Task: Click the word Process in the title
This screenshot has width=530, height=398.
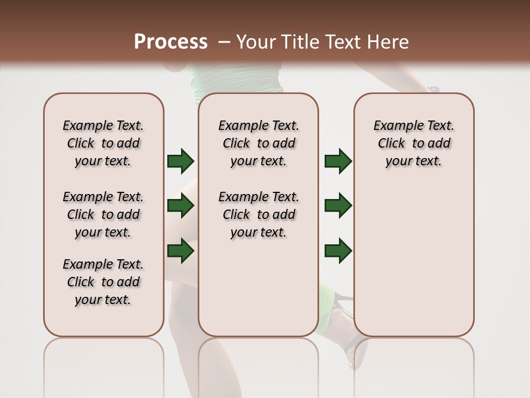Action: click(x=171, y=42)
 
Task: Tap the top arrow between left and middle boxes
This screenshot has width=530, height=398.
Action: click(x=181, y=161)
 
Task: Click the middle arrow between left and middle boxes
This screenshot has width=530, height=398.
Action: click(x=181, y=206)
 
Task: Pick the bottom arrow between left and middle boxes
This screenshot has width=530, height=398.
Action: click(x=181, y=250)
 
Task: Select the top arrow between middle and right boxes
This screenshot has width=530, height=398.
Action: click(x=338, y=161)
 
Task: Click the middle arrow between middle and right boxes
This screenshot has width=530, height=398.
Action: click(x=338, y=206)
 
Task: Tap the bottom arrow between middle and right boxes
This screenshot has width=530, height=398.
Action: click(x=338, y=250)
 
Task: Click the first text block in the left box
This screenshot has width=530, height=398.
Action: click(x=103, y=143)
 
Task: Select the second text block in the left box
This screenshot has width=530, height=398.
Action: click(x=103, y=214)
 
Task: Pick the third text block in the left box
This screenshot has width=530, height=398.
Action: click(x=103, y=282)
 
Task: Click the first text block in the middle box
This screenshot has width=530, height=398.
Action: click(x=258, y=143)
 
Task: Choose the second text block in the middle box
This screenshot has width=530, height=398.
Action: click(x=258, y=214)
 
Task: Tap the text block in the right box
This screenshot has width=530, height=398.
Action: click(x=414, y=143)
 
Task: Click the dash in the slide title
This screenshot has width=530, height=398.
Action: click(x=224, y=42)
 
